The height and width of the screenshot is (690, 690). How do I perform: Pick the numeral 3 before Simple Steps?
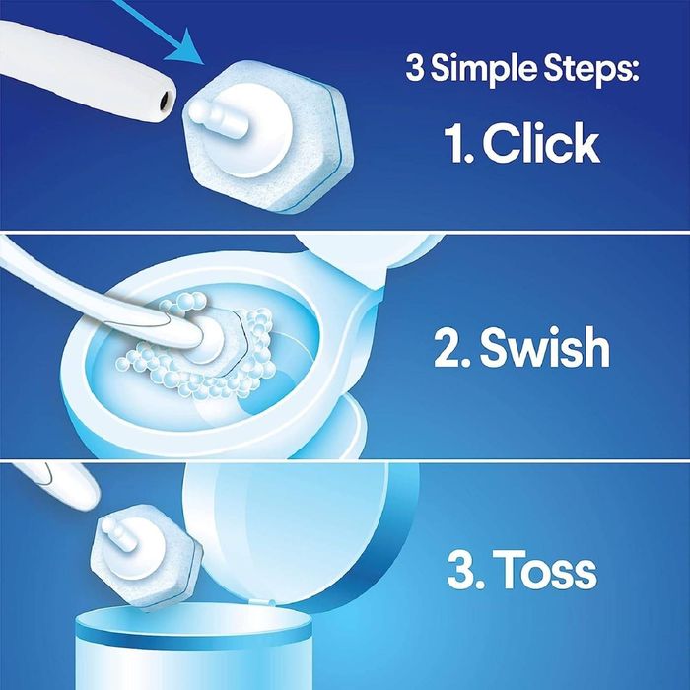pos(414,71)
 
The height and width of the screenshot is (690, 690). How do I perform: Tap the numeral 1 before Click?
pos(456,144)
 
